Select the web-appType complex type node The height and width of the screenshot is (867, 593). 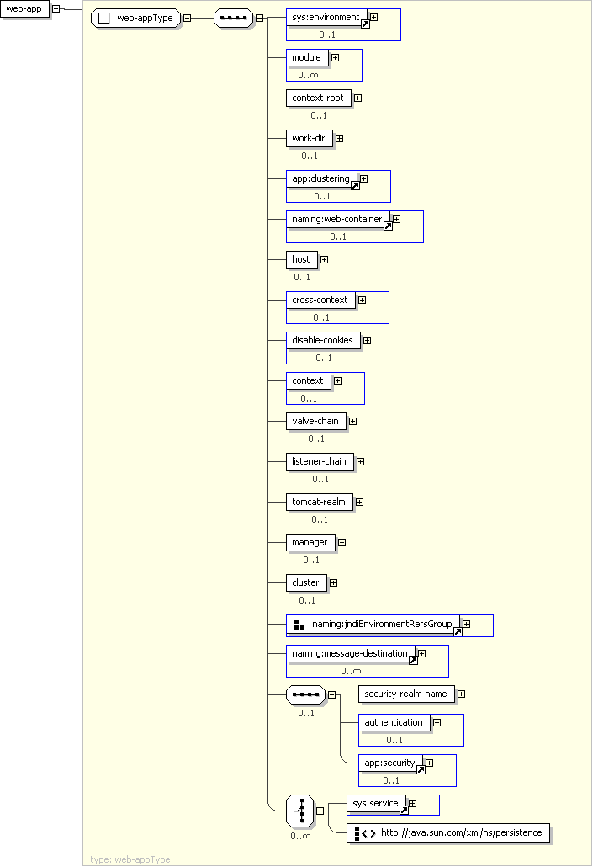pos(136,19)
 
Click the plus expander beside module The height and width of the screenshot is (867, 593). pos(335,57)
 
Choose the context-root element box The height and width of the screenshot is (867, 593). pos(317,98)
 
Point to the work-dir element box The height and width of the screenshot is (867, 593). pos(309,138)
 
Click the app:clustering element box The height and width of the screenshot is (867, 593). pos(320,178)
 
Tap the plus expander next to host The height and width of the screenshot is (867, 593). pos(324,259)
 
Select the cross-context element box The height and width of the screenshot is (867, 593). pos(319,300)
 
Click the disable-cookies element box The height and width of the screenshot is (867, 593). pos(322,340)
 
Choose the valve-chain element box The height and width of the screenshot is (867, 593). pos(315,421)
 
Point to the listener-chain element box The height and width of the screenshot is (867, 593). pos(319,461)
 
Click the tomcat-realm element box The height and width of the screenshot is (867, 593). pos(318,502)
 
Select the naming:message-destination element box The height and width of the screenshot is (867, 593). pos(349,653)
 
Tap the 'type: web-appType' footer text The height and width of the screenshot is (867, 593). pos(130,859)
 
